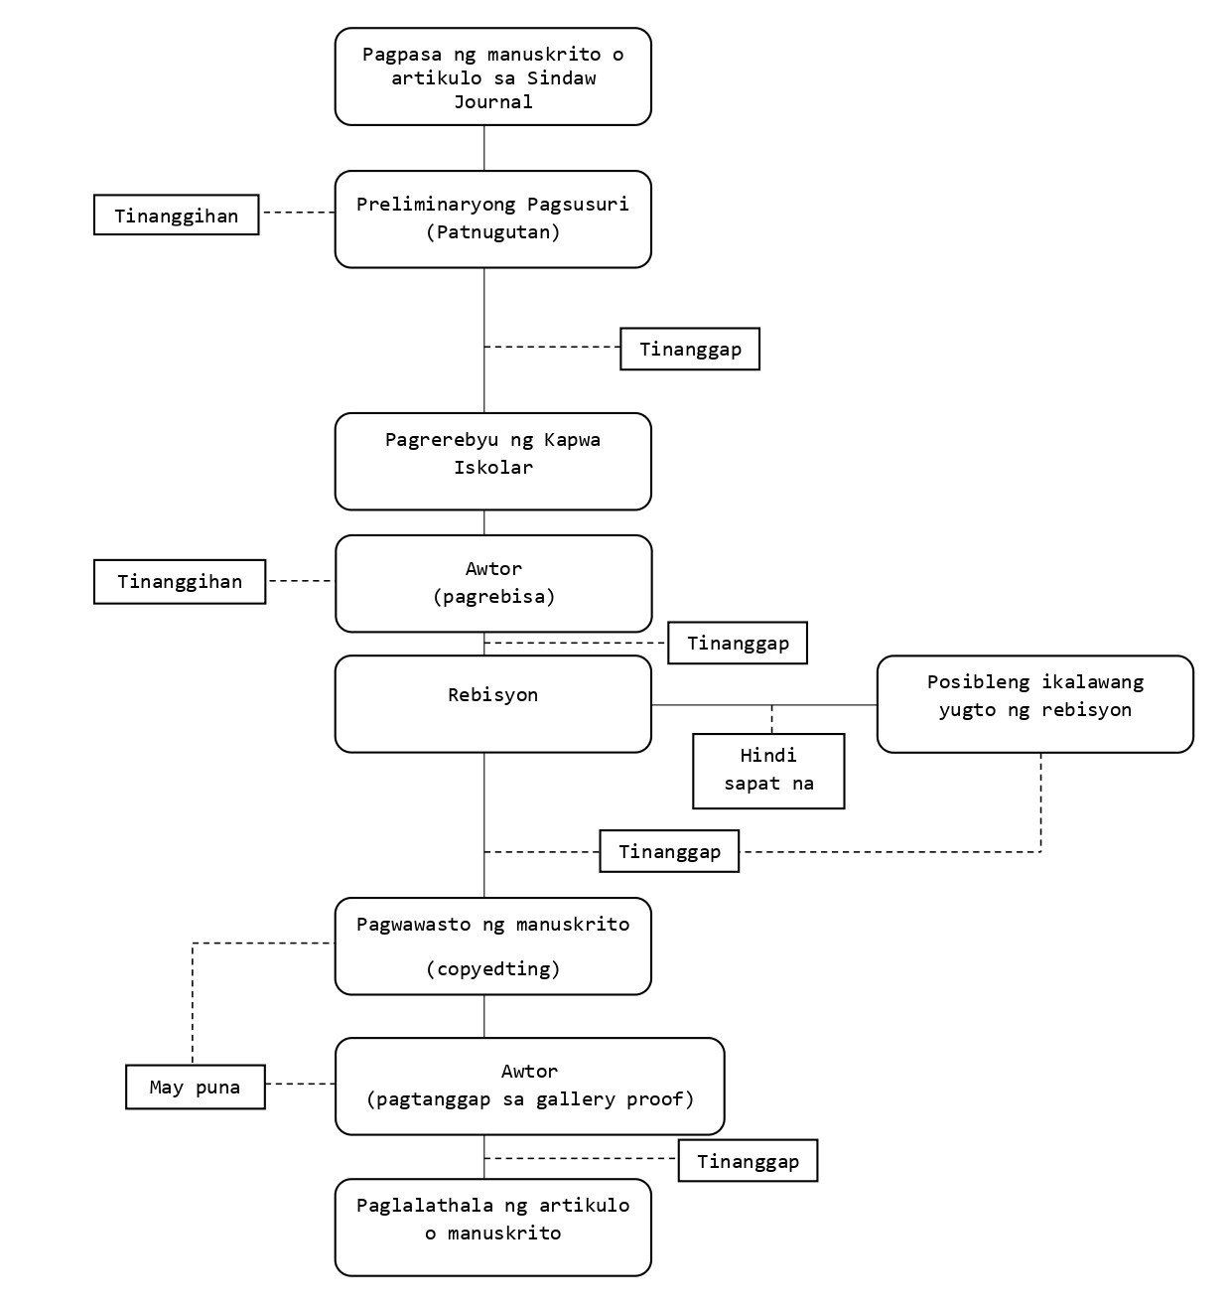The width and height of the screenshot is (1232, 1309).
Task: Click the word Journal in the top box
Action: click(492, 102)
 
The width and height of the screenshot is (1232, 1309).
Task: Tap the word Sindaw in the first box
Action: click(561, 78)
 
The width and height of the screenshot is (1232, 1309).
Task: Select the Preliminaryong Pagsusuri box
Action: click(492, 219)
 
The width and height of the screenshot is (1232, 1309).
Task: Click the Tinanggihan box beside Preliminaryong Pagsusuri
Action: click(177, 215)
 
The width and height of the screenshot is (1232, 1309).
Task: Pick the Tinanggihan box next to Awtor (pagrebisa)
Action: click(180, 582)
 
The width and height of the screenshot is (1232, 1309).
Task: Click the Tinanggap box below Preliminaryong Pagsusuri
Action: click(690, 349)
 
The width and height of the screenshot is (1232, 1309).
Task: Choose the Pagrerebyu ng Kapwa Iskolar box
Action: click(492, 462)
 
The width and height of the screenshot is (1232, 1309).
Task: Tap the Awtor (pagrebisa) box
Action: click(493, 583)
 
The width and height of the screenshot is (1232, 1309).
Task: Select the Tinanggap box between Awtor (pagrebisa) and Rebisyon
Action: click(738, 643)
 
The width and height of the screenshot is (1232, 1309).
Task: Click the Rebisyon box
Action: click(492, 704)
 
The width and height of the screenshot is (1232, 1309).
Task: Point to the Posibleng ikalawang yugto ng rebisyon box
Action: click(1035, 704)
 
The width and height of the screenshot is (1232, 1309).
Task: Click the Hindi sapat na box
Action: click(768, 771)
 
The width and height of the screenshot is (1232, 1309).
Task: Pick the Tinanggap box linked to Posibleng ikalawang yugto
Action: click(669, 851)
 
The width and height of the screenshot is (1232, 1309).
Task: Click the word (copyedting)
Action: click(492, 969)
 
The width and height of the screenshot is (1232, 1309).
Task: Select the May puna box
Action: click(195, 1087)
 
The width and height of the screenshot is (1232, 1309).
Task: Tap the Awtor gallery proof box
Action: click(530, 1087)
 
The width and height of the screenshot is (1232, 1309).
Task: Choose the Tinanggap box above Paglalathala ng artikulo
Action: click(748, 1161)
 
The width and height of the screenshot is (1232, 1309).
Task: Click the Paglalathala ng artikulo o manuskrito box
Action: click(492, 1228)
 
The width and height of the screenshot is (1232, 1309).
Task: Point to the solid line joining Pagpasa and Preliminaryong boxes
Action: click(484, 148)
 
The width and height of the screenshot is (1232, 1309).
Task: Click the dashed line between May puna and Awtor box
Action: click(301, 1084)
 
